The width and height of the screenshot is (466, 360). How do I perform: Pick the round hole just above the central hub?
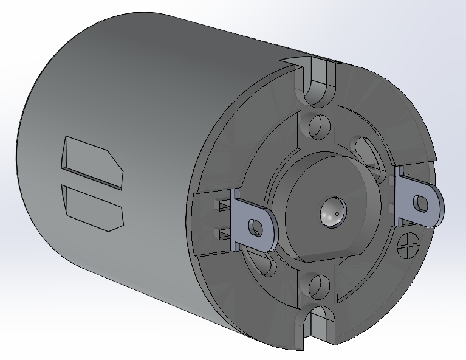[317, 126]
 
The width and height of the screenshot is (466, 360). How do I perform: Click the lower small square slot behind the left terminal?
[224, 231]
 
